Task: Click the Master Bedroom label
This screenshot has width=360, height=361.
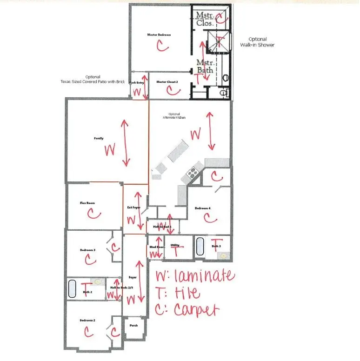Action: tap(159, 35)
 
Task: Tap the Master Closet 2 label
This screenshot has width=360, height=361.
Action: tap(167, 82)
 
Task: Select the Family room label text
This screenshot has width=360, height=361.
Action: tap(99, 138)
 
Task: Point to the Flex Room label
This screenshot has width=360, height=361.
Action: tap(87, 203)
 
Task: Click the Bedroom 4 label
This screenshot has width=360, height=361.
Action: tap(203, 208)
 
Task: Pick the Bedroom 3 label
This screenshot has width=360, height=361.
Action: tap(87, 250)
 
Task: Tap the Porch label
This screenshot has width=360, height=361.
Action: tap(133, 326)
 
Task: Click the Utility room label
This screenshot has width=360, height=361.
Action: tap(175, 245)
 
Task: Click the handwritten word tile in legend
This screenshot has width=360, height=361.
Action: tap(187, 293)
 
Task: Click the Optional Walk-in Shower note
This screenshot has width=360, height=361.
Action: tap(257, 42)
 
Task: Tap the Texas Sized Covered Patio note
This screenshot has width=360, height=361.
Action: tap(96, 79)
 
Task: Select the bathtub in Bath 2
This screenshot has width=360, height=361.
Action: tap(72, 288)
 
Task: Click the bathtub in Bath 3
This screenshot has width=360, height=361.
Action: tap(200, 246)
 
